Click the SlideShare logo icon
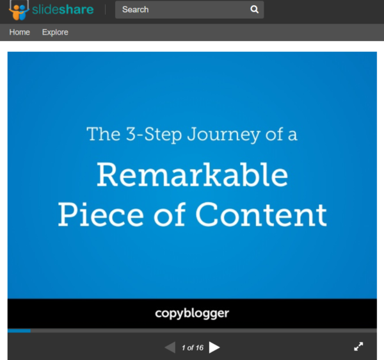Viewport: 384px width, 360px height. (x=19, y=10)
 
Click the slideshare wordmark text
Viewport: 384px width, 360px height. (x=63, y=10)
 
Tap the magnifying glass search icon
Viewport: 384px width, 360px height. (x=255, y=10)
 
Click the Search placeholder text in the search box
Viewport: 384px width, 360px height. (x=136, y=10)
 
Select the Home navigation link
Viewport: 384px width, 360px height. (x=20, y=32)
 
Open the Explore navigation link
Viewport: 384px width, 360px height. (x=55, y=32)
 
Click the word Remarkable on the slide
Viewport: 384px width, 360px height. (x=193, y=174)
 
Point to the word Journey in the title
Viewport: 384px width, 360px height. (x=223, y=135)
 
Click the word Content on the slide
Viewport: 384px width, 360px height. (x=261, y=215)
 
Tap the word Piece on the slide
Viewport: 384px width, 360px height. (x=100, y=215)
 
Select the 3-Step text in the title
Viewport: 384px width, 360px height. (x=154, y=135)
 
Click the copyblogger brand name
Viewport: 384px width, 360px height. (x=192, y=313)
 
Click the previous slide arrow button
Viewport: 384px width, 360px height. (x=170, y=347)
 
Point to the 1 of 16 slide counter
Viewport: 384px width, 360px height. (x=193, y=347)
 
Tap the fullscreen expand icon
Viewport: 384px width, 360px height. (x=358, y=347)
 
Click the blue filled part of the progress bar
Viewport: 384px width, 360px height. (x=19, y=331)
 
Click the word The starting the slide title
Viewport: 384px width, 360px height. (x=104, y=134)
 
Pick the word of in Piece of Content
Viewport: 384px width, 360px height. (x=169, y=214)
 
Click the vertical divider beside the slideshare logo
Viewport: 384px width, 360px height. (x=106, y=10)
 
